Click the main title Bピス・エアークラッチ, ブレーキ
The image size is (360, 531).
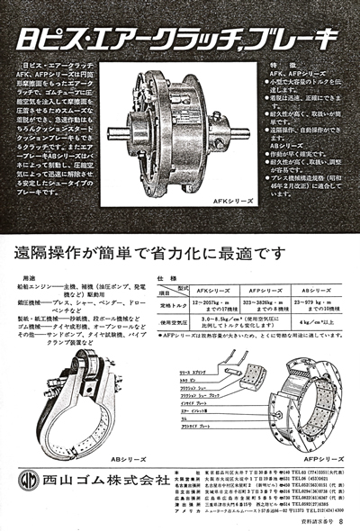pyautogui.click(x=179, y=37)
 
